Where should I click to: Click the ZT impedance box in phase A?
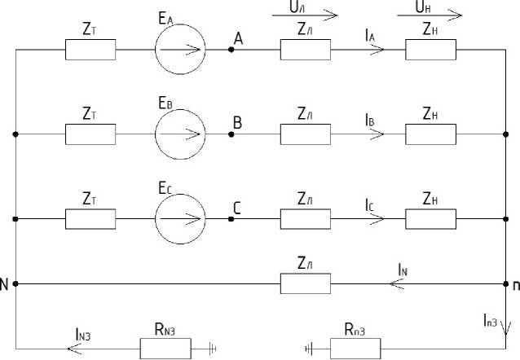click(90, 50)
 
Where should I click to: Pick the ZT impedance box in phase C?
click(90, 218)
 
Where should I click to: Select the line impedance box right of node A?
click(305, 50)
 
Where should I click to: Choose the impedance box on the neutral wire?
click(305, 283)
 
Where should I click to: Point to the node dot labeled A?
click(231, 50)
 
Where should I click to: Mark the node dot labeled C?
click(231, 218)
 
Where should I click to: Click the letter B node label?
click(238, 123)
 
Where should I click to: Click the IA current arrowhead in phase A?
click(376, 50)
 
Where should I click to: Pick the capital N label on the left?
click(5, 284)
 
